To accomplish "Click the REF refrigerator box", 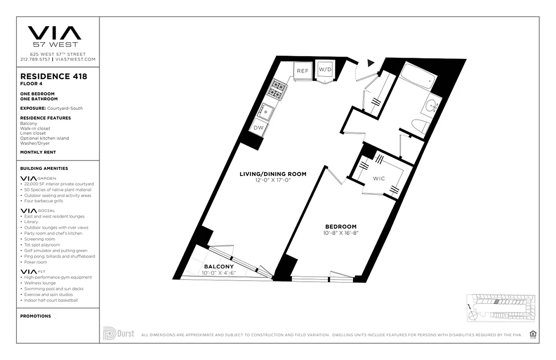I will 302,71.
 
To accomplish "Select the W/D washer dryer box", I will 325,70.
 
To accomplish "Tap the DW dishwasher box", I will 259,128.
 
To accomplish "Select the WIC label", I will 379,179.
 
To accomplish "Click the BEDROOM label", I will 341,226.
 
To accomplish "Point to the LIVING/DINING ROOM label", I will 273,174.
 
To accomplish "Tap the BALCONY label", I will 219,266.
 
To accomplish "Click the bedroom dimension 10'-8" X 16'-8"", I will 341,233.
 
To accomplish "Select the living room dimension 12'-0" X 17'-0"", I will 273,180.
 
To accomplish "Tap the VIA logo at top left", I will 54,33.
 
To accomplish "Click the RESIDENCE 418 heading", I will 54,76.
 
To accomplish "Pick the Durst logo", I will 119,333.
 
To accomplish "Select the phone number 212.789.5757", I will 35,59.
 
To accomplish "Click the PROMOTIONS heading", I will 36,316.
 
